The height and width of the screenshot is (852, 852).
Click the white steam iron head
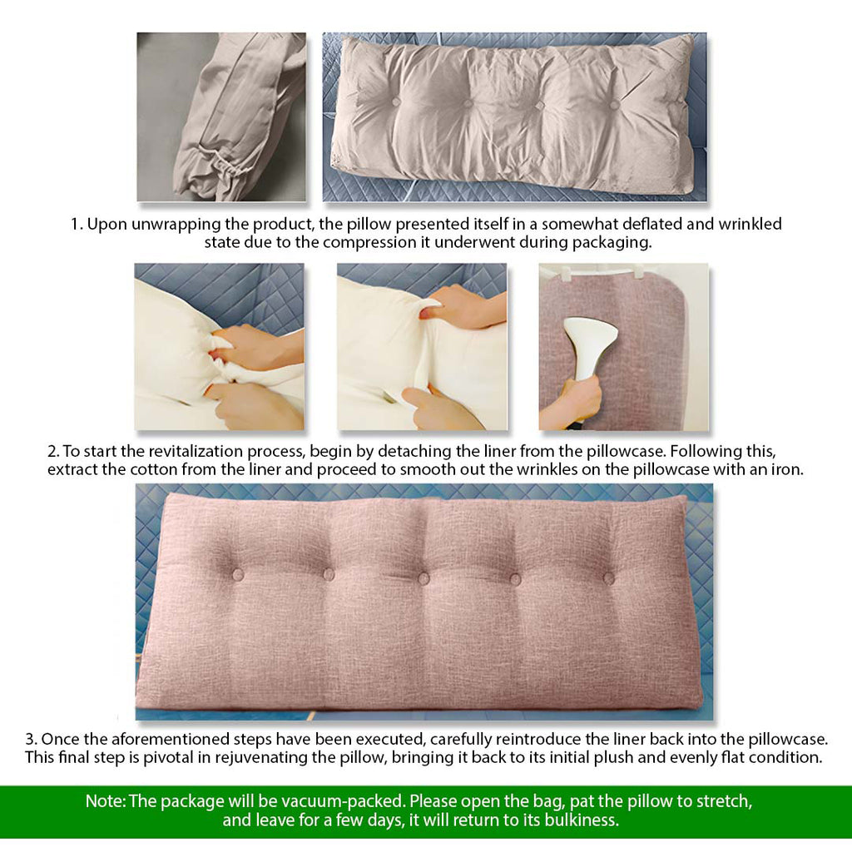[x=590, y=337]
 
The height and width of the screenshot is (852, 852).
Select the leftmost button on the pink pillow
[x=237, y=574]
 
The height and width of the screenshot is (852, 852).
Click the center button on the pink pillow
[x=424, y=578]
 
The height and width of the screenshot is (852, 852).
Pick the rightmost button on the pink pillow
[x=609, y=577]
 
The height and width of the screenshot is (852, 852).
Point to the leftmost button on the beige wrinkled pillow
[x=396, y=102]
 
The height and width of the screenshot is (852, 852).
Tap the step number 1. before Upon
[x=77, y=224]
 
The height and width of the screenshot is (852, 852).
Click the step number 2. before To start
[x=53, y=452]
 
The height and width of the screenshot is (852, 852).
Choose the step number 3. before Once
[x=31, y=739]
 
